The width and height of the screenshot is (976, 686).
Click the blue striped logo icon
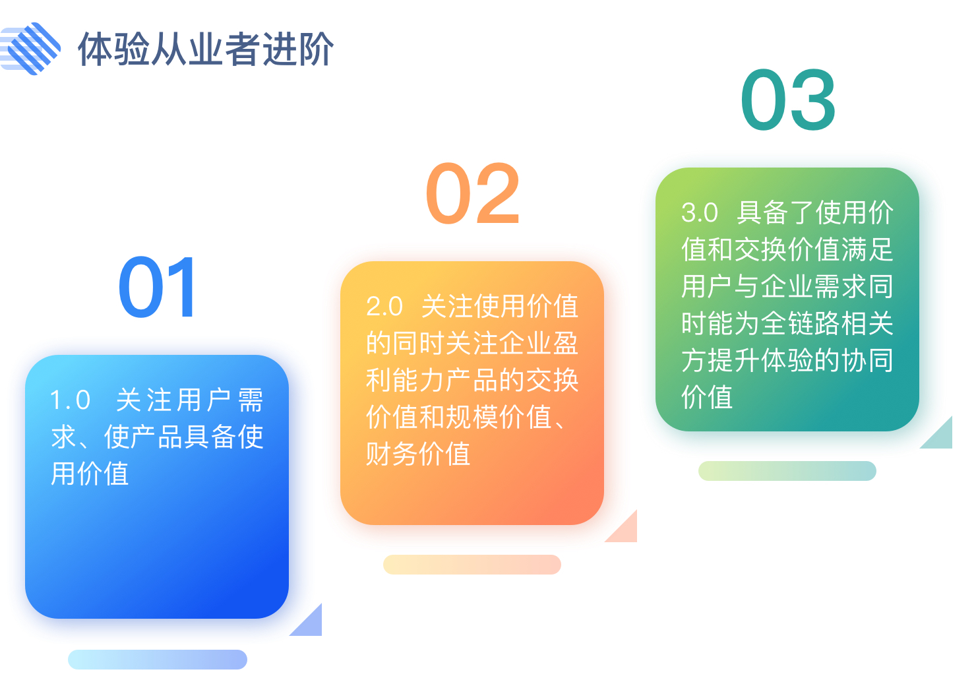[x=30, y=48]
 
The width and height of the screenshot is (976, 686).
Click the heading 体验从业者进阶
[x=206, y=49]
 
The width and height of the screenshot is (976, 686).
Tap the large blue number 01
[x=158, y=287]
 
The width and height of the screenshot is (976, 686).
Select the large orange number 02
[x=473, y=193]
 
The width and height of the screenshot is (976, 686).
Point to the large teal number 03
[x=788, y=100]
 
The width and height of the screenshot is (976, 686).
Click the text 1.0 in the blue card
[x=70, y=400]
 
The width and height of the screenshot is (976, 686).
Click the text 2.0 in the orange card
[x=384, y=306]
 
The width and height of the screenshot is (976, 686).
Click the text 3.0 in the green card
[x=699, y=212]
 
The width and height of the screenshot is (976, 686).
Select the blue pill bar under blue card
[x=158, y=660]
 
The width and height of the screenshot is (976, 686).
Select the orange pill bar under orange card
[x=472, y=565]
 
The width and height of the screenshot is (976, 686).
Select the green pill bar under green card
[x=787, y=471]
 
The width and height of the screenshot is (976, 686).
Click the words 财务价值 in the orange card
[x=418, y=454]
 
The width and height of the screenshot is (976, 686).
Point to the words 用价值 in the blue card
[x=90, y=474]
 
